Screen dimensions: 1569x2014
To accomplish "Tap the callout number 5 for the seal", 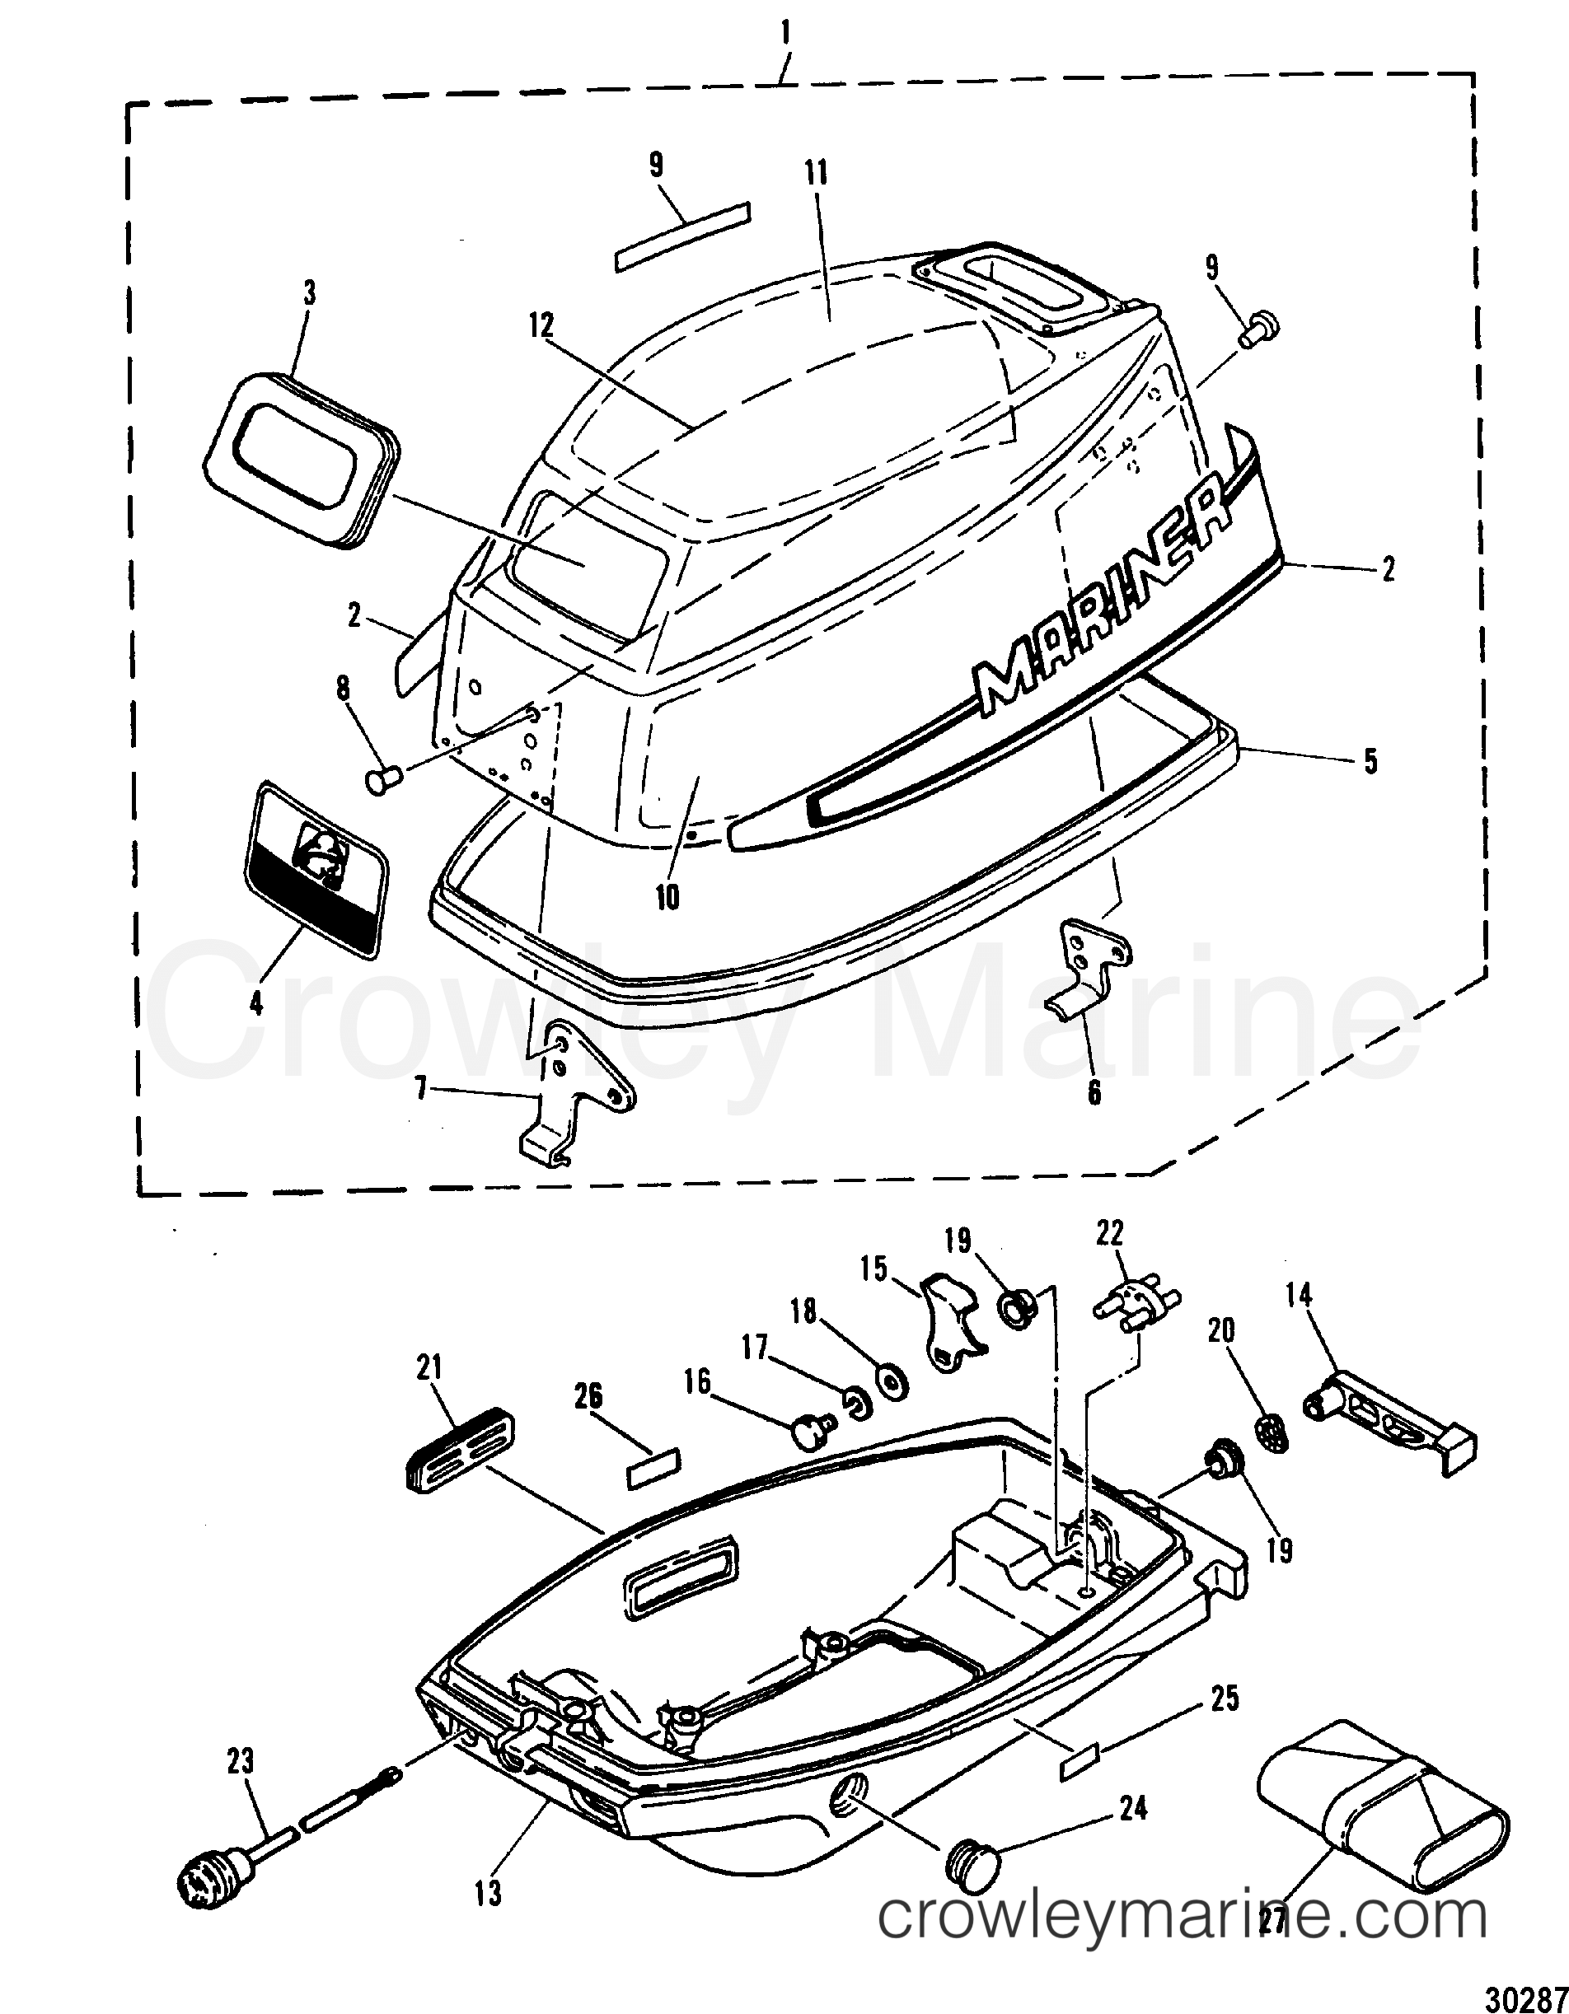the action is pos(1370,763).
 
